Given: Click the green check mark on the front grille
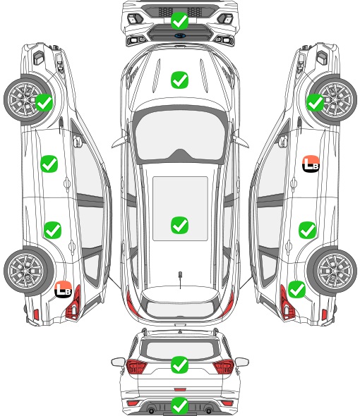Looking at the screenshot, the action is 179,20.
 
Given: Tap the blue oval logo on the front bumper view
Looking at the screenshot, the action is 179,35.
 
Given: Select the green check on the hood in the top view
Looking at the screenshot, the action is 179,80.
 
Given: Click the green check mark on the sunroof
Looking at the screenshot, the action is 179,225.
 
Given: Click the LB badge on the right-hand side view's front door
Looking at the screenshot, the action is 311,164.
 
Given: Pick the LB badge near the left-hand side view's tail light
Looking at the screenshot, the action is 64,289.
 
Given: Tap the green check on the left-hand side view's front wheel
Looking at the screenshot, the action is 44,103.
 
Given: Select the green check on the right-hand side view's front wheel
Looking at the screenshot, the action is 315,103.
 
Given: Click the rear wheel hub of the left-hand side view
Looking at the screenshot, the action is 25,271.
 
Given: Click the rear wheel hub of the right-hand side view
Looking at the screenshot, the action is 335,271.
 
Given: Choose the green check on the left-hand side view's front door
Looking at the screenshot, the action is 49,164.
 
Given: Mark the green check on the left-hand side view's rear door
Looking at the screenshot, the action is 53,230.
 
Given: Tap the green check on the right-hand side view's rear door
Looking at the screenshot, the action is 307,230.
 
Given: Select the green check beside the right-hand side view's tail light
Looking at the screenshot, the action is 296,290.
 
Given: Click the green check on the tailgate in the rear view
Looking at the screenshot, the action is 179,365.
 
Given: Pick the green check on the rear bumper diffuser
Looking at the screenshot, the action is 179,406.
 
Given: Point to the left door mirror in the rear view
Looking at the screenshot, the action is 118,362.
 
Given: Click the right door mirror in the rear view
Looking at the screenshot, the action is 242,362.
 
